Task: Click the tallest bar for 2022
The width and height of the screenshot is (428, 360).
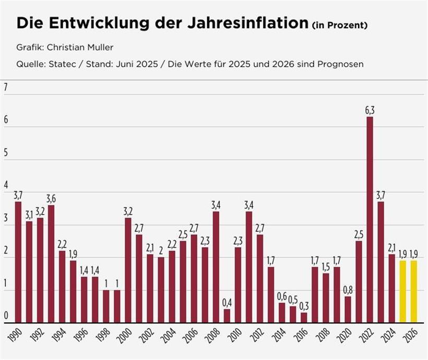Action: [370, 219]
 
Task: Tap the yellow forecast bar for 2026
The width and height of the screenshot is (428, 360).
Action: [414, 291]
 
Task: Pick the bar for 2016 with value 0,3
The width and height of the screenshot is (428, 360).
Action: [304, 317]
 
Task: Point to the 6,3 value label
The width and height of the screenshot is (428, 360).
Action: [370, 110]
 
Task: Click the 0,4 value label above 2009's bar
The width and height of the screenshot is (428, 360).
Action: [227, 302]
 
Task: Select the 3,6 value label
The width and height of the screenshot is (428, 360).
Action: [51, 198]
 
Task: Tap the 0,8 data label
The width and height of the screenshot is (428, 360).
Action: [348, 290]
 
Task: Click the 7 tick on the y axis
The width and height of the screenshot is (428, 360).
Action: [6, 88]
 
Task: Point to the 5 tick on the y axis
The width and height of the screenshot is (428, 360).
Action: [6, 153]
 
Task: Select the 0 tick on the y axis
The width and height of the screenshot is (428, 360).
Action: [6, 316]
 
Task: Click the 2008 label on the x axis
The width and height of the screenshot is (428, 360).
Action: [212, 337]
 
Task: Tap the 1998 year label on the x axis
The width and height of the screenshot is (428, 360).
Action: [103, 337]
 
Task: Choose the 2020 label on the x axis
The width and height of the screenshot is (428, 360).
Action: [344, 337]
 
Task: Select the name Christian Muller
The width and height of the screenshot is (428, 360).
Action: [80, 47]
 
